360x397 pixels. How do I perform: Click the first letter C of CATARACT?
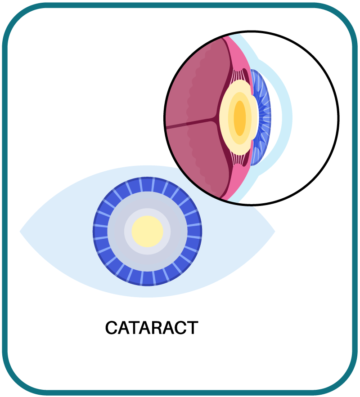[x=111, y=328]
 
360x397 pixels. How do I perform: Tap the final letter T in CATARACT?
[x=193, y=328]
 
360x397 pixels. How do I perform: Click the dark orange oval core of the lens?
[x=240, y=118]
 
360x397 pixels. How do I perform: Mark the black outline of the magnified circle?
[x=338, y=118]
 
